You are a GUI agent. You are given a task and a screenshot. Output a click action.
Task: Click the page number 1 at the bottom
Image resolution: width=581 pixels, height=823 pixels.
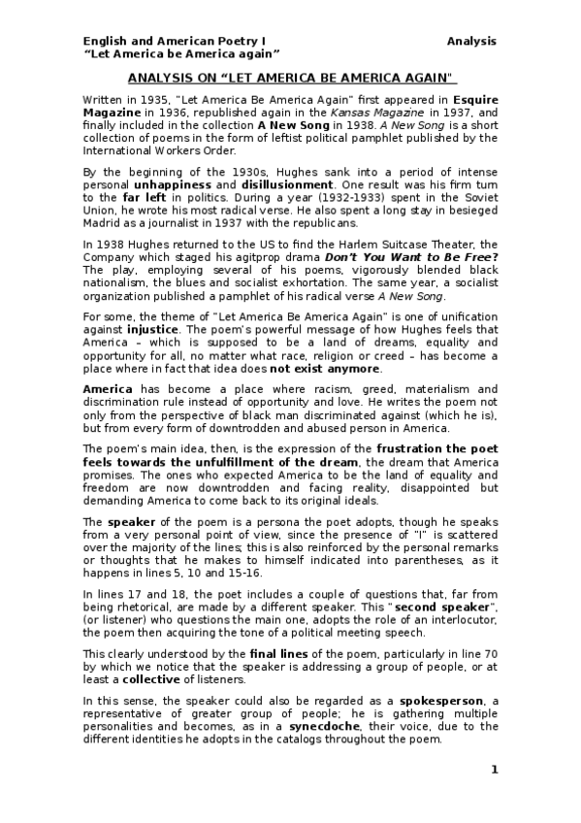click(x=494, y=770)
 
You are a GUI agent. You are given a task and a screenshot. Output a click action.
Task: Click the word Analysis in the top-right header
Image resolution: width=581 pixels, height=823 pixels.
click(x=471, y=41)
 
